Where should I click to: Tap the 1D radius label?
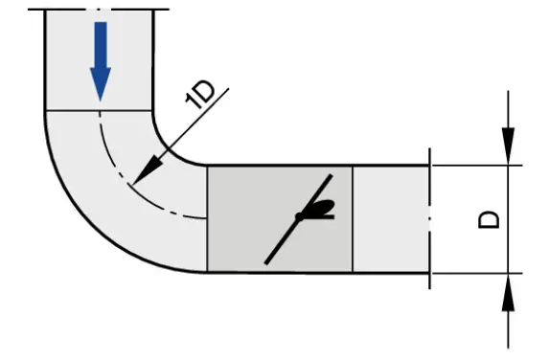[201, 97]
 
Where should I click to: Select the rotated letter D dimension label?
[488, 219]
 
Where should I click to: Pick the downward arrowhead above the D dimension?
[508, 148]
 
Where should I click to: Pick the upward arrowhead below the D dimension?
[508, 291]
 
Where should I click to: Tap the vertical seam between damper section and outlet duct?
[354, 218]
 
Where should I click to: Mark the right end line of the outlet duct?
[429, 218]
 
